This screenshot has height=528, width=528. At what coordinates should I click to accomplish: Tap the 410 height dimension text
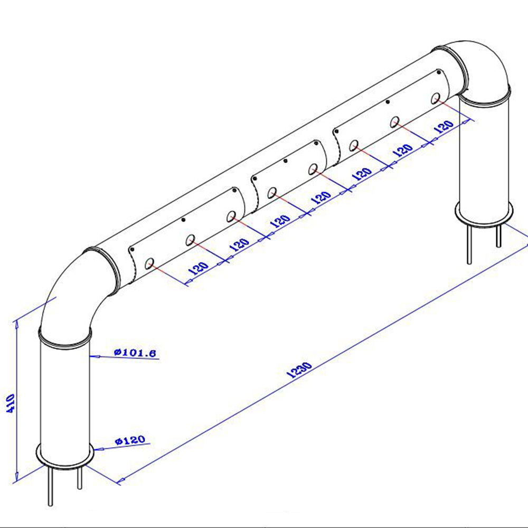(11, 403)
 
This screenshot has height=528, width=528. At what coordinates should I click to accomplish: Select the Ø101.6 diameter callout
(135, 353)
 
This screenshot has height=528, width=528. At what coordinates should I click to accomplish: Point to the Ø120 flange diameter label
(130, 440)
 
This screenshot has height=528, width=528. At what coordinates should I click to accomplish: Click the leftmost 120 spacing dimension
(199, 268)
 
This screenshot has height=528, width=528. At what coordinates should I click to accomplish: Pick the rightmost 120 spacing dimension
(444, 126)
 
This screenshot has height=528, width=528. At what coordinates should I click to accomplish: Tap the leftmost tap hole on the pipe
(149, 263)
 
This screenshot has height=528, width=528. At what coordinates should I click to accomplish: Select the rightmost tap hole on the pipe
(436, 98)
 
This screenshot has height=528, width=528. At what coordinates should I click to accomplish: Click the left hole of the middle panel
(272, 193)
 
